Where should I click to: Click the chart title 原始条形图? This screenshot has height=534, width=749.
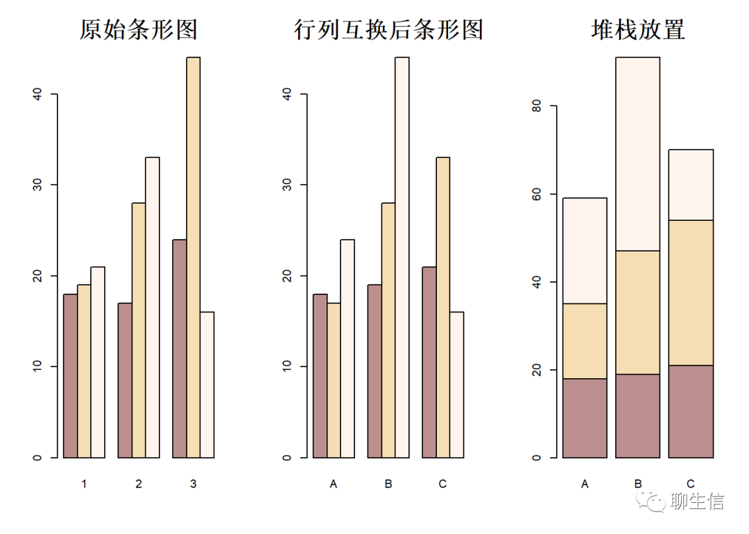(x=139, y=30)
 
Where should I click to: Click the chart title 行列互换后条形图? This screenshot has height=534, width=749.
(x=388, y=30)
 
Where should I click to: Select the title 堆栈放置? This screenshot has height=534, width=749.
(x=638, y=30)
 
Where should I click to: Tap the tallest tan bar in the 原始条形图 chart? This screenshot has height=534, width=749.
(x=193, y=256)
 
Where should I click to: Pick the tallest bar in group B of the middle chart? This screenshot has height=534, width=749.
(x=402, y=256)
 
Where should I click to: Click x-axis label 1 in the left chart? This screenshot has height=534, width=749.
(x=84, y=484)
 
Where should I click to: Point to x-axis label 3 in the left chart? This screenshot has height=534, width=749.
(x=193, y=484)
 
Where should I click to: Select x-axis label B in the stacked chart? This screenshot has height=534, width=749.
(x=638, y=484)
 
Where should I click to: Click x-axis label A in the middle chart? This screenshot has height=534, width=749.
(x=334, y=484)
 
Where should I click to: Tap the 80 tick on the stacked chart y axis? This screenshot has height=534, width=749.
(x=535, y=107)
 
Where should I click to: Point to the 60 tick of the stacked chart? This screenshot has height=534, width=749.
(x=535, y=195)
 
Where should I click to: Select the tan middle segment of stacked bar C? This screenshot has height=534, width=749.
(x=691, y=292)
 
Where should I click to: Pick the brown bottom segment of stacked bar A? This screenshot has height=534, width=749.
(x=585, y=418)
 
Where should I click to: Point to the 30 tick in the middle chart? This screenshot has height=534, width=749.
(x=286, y=185)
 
